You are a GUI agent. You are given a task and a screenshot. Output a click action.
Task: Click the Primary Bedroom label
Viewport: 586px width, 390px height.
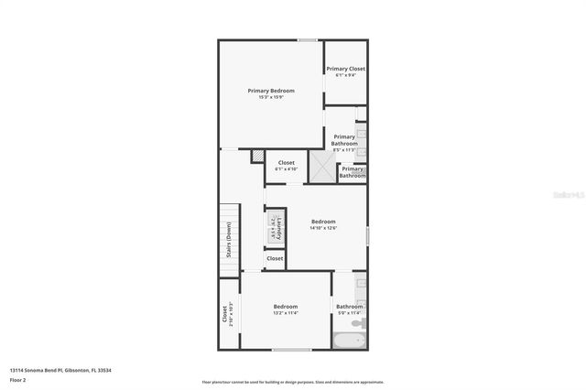(x=271, y=91)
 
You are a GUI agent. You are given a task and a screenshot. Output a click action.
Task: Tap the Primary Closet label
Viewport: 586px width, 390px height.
(x=345, y=69)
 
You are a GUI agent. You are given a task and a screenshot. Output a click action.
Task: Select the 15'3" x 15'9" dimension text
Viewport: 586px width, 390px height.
(x=271, y=98)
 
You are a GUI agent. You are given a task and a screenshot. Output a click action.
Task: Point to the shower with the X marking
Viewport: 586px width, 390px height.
(x=321, y=167)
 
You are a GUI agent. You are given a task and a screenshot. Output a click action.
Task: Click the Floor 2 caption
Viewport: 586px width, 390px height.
(x=18, y=379)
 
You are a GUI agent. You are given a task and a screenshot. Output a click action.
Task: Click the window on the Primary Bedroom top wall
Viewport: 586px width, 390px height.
(x=307, y=39)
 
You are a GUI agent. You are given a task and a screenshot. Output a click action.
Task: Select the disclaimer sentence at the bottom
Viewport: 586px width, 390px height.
(x=292, y=381)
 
